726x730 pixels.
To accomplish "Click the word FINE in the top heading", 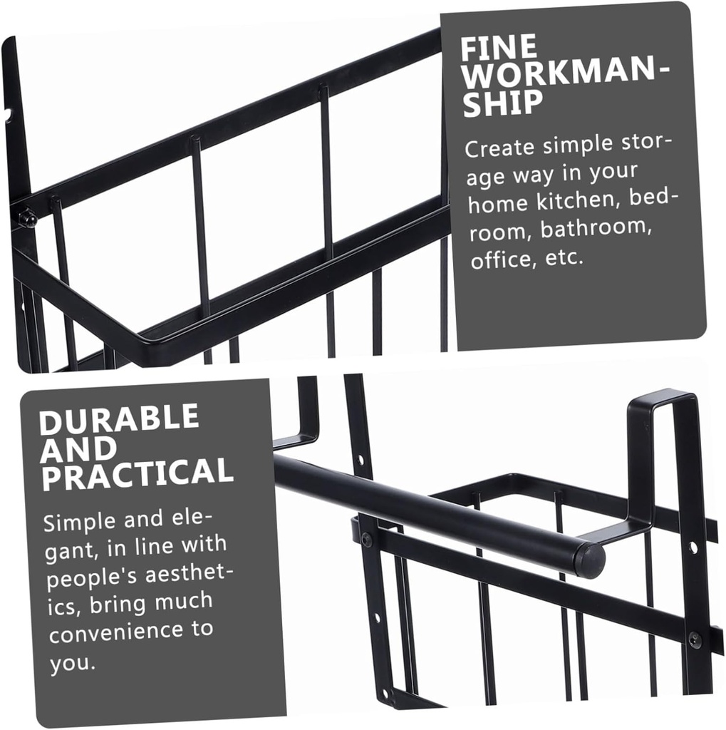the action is [499, 47].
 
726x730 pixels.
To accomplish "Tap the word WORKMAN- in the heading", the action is [566, 74].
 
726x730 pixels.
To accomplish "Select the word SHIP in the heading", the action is [503, 103].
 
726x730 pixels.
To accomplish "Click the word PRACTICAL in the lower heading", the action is [138, 474].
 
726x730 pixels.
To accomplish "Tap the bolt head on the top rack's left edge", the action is [27, 217].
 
